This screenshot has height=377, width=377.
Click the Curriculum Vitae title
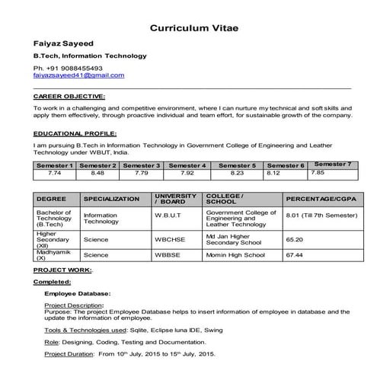193,27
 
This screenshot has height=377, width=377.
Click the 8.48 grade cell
97,173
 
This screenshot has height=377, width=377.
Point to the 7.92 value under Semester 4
187,173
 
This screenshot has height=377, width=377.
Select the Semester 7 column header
333,164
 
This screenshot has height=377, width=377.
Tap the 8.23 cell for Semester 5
237,173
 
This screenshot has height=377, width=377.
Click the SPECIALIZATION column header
111,199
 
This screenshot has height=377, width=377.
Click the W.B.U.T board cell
168,216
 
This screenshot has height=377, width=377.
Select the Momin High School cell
235,255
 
